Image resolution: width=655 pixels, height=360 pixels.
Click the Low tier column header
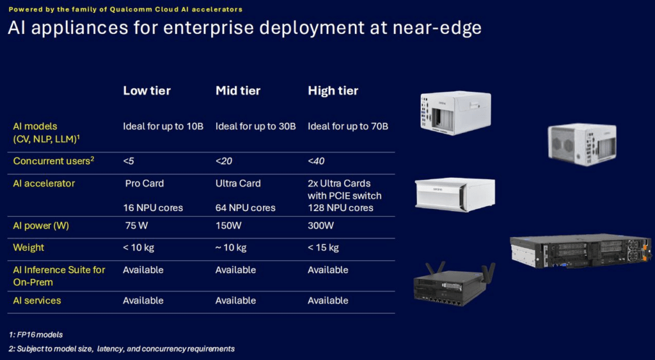[x=146, y=91]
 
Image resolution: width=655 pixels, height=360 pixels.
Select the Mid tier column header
[x=238, y=91]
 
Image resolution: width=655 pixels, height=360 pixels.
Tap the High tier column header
[x=333, y=91]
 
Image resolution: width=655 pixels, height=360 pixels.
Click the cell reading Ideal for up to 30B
[x=256, y=126]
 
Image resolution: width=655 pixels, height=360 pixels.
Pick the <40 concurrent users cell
[x=316, y=161]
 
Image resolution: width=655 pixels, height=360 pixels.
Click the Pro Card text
[x=145, y=184]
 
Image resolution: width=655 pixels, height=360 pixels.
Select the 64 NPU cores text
[x=245, y=208]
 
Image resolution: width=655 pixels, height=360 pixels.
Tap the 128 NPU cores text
[x=340, y=208]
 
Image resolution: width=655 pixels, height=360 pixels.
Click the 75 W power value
[x=137, y=226]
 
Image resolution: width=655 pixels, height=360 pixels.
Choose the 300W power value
[x=321, y=226]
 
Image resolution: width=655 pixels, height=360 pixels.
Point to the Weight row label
[x=28, y=247]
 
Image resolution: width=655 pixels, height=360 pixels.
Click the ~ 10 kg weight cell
[x=231, y=247]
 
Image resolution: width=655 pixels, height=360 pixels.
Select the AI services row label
[x=36, y=301]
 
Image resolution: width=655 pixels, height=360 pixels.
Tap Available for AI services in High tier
[x=328, y=301]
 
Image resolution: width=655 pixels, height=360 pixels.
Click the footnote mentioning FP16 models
[x=36, y=334]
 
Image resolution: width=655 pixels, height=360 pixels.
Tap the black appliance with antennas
[x=454, y=283]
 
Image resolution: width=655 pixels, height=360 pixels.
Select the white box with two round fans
[x=582, y=144]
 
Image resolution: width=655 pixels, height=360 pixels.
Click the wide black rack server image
[x=580, y=251]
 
